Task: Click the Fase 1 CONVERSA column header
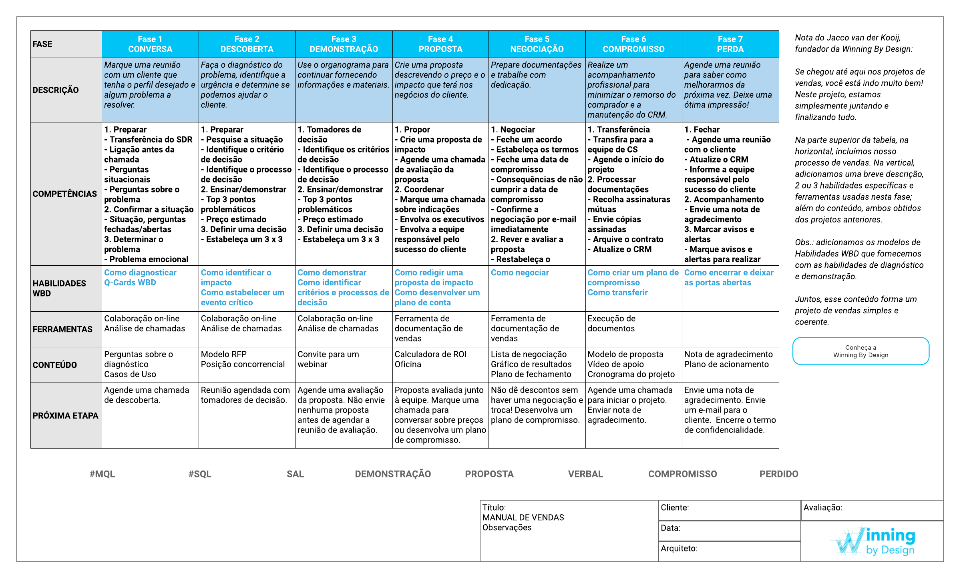point(150,44)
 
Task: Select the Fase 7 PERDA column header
point(730,44)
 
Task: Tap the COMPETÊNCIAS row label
point(65,194)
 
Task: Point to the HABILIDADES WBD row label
point(59,288)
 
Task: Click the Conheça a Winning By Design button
point(860,351)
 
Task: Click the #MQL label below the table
point(102,474)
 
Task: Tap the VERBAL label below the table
point(585,474)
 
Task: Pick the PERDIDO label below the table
point(779,474)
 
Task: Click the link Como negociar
point(520,273)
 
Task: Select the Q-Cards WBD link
point(130,282)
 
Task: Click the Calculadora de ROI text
point(430,355)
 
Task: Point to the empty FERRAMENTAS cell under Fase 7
point(730,329)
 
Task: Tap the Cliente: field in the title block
point(729,510)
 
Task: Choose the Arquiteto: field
point(729,551)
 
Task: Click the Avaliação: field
point(872,510)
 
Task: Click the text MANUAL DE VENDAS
point(523,518)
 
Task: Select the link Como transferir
point(617,293)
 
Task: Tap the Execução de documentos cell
point(611,324)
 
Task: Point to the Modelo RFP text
point(224,355)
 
